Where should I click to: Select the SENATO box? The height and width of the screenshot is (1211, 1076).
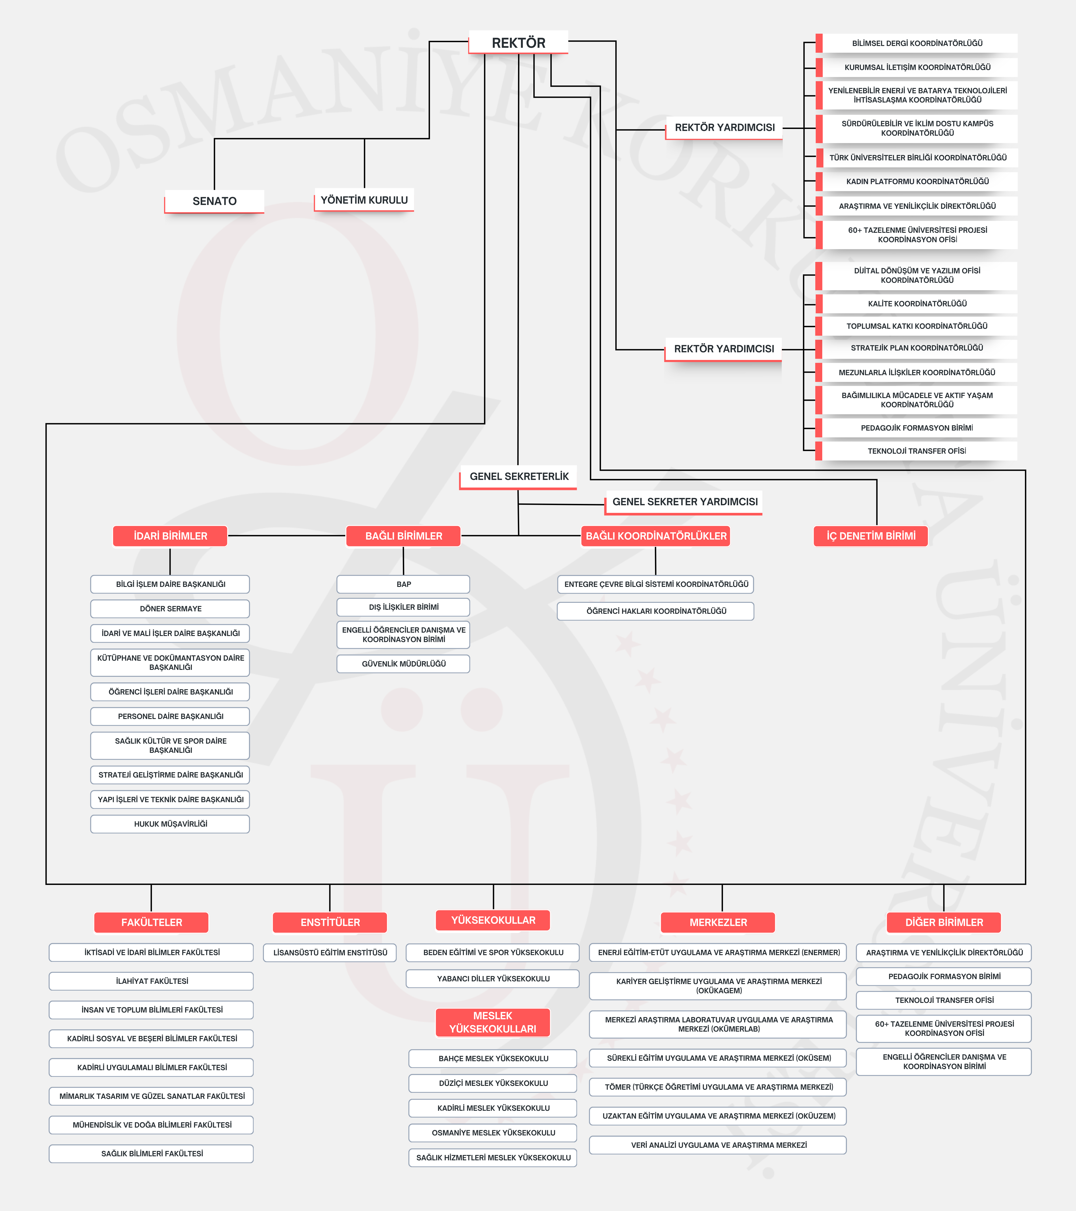click(x=214, y=201)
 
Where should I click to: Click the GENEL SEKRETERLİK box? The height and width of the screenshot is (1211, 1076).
click(x=519, y=476)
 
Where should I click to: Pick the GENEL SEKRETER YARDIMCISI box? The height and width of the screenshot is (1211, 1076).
click(x=685, y=502)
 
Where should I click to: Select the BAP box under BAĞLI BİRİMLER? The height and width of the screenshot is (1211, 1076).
click(x=403, y=584)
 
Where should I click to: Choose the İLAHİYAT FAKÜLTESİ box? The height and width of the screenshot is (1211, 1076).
click(x=152, y=981)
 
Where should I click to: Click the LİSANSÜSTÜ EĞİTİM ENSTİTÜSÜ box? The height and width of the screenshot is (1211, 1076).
click(x=330, y=953)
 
